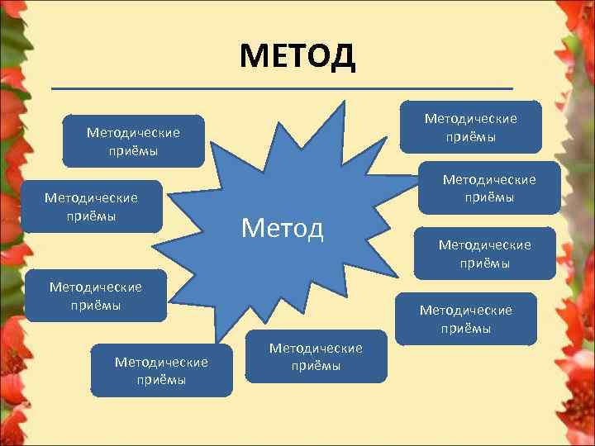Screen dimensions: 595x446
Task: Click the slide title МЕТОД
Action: tap(297, 56)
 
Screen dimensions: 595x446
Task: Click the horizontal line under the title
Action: tap(281, 88)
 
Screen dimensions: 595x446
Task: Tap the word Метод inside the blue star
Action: tap(282, 226)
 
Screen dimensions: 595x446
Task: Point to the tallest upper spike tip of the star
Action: tap(341, 103)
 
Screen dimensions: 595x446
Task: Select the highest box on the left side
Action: tap(133, 140)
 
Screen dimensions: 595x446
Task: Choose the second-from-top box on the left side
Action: tap(91, 206)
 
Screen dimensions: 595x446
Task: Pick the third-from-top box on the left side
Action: tap(96, 296)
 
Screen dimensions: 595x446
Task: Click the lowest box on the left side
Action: tap(161, 371)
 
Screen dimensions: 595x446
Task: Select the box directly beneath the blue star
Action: tap(316, 357)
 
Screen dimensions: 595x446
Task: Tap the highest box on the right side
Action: tap(470, 126)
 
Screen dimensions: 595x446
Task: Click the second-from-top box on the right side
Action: tap(489, 187)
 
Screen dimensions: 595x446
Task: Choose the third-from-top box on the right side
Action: tap(485, 253)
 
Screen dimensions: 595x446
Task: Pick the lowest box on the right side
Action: tap(466, 319)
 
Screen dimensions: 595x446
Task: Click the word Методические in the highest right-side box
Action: tap(470, 118)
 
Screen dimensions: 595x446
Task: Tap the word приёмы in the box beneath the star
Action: tap(316, 366)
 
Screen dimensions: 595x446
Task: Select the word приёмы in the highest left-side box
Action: tap(133, 150)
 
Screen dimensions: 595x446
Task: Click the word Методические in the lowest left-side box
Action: tap(161, 362)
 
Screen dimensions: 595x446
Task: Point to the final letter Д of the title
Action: tap(341, 56)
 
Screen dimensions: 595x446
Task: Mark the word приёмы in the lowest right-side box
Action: tap(466, 328)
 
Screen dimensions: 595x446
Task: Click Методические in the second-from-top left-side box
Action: tap(91, 197)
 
